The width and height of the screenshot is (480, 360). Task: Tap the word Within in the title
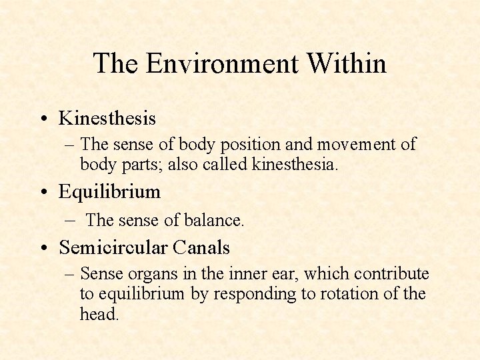click(x=347, y=64)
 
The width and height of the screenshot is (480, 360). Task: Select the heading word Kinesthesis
click(x=107, y=119)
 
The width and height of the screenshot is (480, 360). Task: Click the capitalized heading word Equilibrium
click(x=110, y=193)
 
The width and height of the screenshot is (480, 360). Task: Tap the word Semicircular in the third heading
click(x=113, y=248)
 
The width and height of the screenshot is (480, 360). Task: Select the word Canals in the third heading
click(x=201, y=248)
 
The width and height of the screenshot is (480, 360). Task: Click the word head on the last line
click(x=98, y=314)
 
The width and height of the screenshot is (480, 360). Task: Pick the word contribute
click(x=392, y=274)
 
